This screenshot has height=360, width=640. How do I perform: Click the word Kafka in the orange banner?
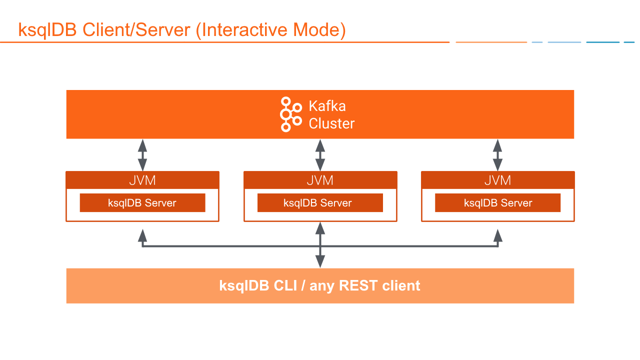(327, 106)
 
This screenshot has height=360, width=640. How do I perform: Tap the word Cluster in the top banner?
(331, 123)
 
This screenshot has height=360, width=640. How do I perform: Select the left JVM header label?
(142, 180)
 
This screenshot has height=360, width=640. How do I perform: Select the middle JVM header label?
(320, 180)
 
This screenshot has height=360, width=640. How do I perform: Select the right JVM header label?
(497, 180)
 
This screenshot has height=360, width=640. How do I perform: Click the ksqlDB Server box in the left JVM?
(142, 203)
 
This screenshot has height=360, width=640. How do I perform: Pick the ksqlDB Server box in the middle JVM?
(320, 203)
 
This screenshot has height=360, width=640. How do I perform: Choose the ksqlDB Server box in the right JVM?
(497, 203)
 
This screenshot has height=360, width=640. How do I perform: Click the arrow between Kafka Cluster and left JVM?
(142, 155)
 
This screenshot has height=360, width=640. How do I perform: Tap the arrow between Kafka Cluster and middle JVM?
(320, 155)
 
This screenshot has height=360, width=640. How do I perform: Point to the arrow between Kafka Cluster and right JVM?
(497, 155)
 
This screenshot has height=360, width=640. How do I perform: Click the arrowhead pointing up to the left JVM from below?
(142, 235)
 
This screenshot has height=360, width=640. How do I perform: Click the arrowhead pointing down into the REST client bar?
(320, 261)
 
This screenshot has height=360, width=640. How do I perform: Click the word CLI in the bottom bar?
(288, 286)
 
